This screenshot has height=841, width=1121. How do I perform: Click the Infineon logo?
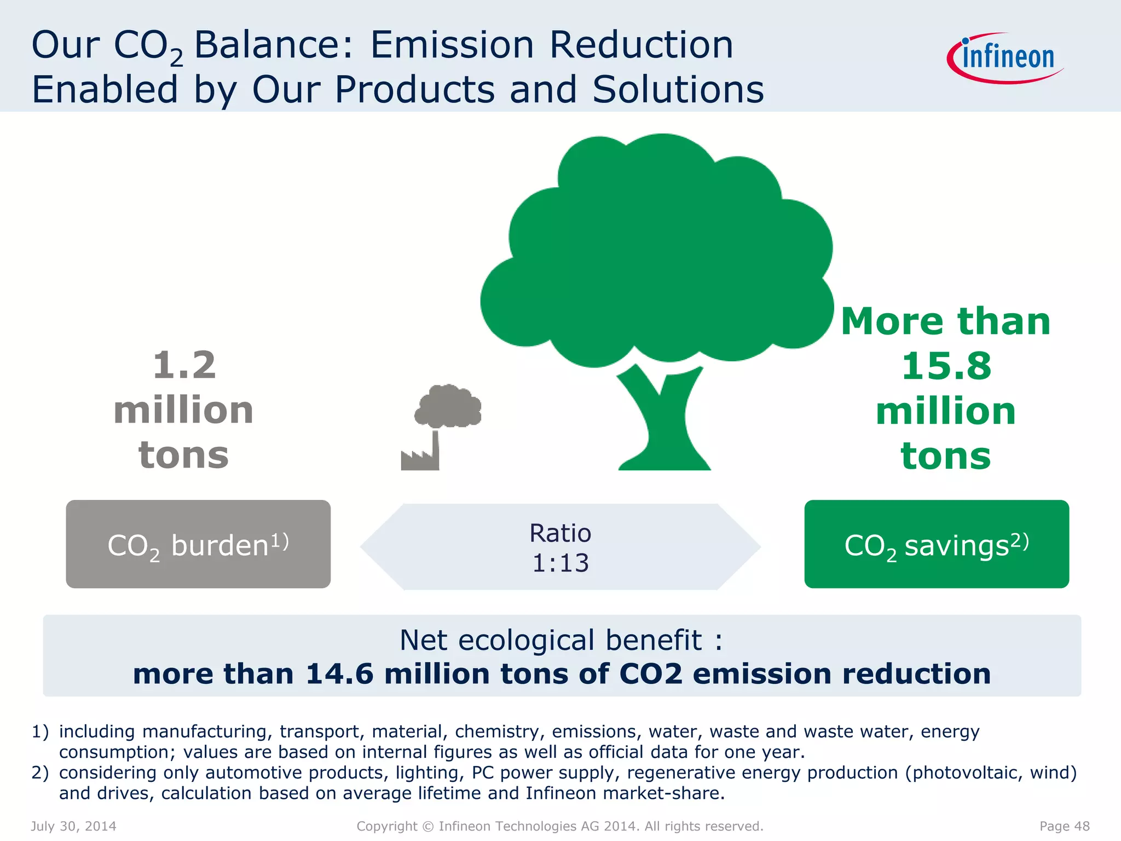[x=1006, y=58]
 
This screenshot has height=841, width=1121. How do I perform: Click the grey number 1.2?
[x=184, y=365]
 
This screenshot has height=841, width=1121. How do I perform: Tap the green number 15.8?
[x=946, y=366]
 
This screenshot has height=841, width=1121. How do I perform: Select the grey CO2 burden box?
[x=198, y=544]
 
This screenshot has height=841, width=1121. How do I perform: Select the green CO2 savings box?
[x=936, y=544]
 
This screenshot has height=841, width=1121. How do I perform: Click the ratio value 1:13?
[x=560, y=563]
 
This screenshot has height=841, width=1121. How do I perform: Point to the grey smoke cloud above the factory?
[x=448, y=406]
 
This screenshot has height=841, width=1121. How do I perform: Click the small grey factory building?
[x=420, y=458]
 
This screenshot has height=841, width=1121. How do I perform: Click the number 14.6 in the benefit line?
[x=339, y=673]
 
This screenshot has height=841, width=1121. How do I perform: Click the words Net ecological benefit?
[x=551, y=640]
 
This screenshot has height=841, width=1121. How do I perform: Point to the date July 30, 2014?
[x=73, y=826]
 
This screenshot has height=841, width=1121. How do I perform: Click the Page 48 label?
[x=1064, y=826]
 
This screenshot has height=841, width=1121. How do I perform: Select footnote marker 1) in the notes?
[x=40, y=731]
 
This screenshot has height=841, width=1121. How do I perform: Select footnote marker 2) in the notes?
[x=40, y=773]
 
